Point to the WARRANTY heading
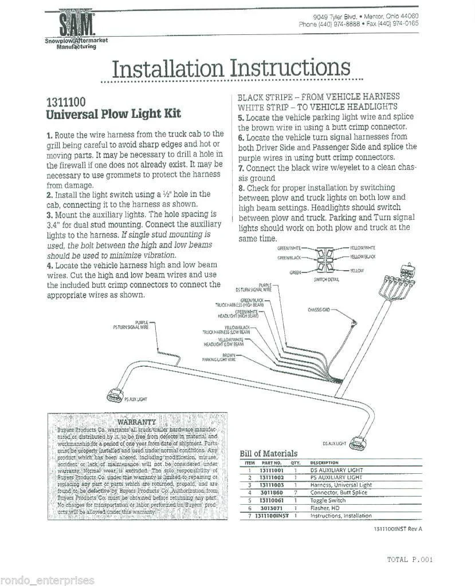pyautogui.click(x=136, y=422)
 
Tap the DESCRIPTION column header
pyautogui.click(x=324, y=462)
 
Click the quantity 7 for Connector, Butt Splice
pyautogui.click(x=295, y=493)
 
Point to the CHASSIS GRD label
pyautogui.click(x=319, y=310)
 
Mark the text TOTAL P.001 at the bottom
pyautogui.click(x=409, y=560)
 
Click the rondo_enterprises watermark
pyautogui.click(x=48, y=580)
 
